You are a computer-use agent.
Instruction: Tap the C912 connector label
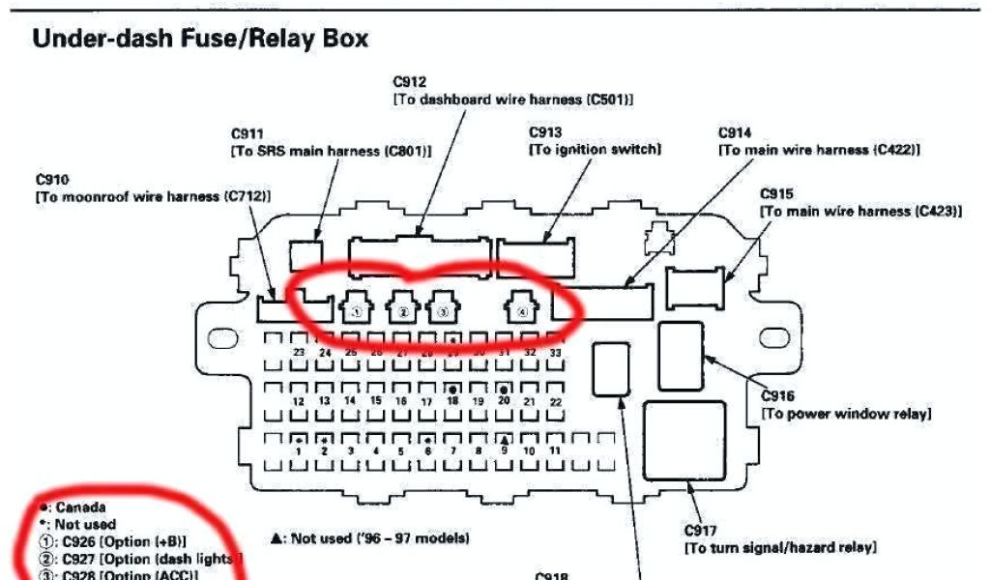[x=410, y=83]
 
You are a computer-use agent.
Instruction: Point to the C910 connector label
[x=52, y=180]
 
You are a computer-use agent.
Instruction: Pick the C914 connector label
[x=735, y=133]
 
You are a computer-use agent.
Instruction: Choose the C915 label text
[x=776, y=193]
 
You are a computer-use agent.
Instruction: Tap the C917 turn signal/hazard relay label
[x=699, y=531]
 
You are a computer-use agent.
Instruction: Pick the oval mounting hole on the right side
[x=775, y=339]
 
